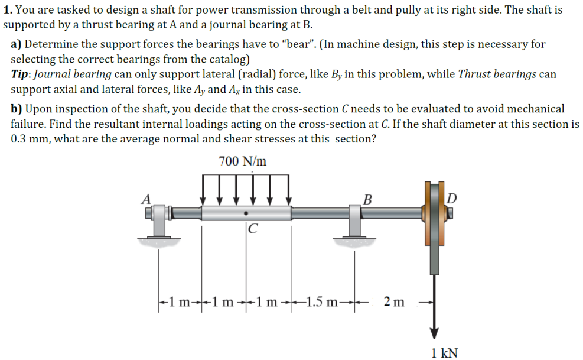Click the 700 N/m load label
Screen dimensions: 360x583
[242, 161]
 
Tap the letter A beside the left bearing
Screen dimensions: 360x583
[145, 199]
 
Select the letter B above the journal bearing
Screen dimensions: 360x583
[367, 199]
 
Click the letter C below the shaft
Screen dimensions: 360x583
[252, 228]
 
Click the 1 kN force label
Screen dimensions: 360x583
[444, 353]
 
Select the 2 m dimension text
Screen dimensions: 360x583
[394, 302]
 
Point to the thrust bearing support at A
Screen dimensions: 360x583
[158, 219]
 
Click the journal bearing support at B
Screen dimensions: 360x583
[355, 219]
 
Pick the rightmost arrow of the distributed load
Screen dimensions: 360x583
[289, 189]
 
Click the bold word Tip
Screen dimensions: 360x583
[22, 74]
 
